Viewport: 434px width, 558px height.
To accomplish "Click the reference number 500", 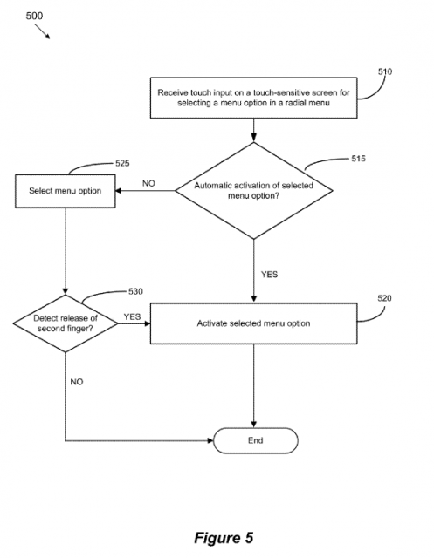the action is click(x=34, y=16).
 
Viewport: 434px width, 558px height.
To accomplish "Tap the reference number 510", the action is click(x=385, y=71).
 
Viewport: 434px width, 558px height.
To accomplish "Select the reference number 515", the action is click(x=358, y=159).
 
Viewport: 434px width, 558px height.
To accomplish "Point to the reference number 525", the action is click(x=122, y=163).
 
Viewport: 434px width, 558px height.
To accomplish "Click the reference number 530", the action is click(x=135, y=291).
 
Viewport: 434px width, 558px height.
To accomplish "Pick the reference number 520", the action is click(x=384, y=298).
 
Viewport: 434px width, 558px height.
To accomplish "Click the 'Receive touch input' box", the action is click(x=254, y=98).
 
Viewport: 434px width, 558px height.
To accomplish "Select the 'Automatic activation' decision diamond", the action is click(x=254, y=191).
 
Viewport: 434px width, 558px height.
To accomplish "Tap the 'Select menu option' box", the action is click(x=65, y=191).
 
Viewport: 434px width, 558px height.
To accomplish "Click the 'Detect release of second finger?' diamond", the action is click(x=65, y=323).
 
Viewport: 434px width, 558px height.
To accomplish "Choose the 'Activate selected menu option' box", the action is click(x=254, y=323).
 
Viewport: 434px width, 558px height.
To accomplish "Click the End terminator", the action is click(x=256, y=440).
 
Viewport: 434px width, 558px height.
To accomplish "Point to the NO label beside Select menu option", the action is click(x=148, y=183).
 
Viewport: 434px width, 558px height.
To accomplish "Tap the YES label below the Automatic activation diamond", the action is click(x=269, y=275).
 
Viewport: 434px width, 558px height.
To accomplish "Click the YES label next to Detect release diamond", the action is click(x=132, y=316).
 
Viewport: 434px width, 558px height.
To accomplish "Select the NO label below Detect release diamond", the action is click(x=77, y=382).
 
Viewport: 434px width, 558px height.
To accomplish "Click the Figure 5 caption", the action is click(x=224, y=538).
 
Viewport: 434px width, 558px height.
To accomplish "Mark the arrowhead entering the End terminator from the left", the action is click(x=210, y=440).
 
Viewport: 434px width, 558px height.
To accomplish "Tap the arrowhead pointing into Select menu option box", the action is click(x=118, y=191).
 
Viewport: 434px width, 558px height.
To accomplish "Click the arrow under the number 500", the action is click(x=42, y=31).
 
